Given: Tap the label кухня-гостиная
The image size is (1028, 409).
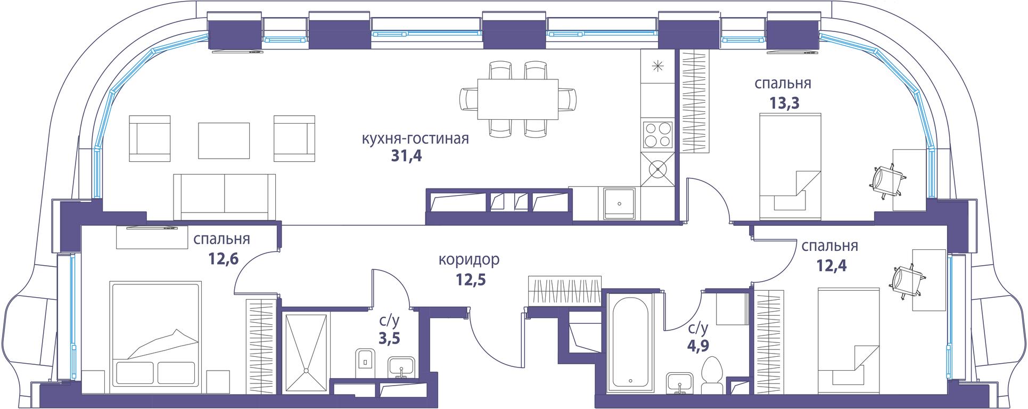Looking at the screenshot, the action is point(415,139).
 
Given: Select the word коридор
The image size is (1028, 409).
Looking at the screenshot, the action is point(469,260).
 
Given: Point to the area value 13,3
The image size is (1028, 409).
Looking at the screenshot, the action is point(785,102).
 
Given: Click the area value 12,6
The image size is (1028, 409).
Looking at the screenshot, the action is point(223,258).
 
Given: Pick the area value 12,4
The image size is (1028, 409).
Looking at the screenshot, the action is point(831,265).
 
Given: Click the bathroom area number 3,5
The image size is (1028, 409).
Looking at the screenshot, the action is point(389,338).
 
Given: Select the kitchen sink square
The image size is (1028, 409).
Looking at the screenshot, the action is point(619,203).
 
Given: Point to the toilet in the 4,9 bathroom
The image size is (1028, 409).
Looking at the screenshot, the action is point(712,376).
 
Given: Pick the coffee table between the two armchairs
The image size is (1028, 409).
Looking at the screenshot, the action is point(224,141).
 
